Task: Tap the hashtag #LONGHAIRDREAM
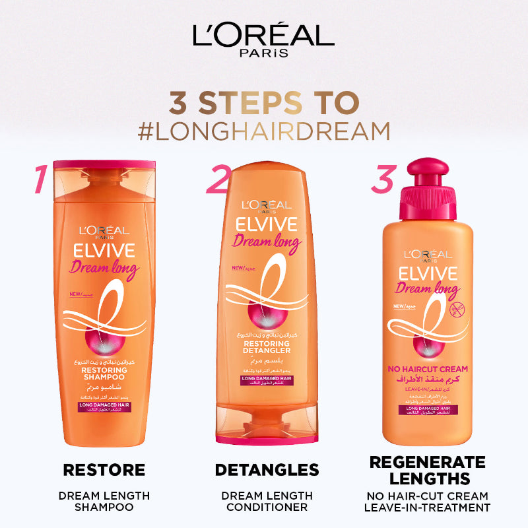(264, 130)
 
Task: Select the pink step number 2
(218, 179)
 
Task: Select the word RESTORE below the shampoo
(104, 470)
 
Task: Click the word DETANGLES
(267, 470)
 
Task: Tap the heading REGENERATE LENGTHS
(428, 470)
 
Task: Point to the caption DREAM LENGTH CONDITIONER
(267, 501)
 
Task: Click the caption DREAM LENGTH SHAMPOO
(104, 501)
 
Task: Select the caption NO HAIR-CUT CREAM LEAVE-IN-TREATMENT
(428, 502)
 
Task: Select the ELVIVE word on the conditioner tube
(267, 224)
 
